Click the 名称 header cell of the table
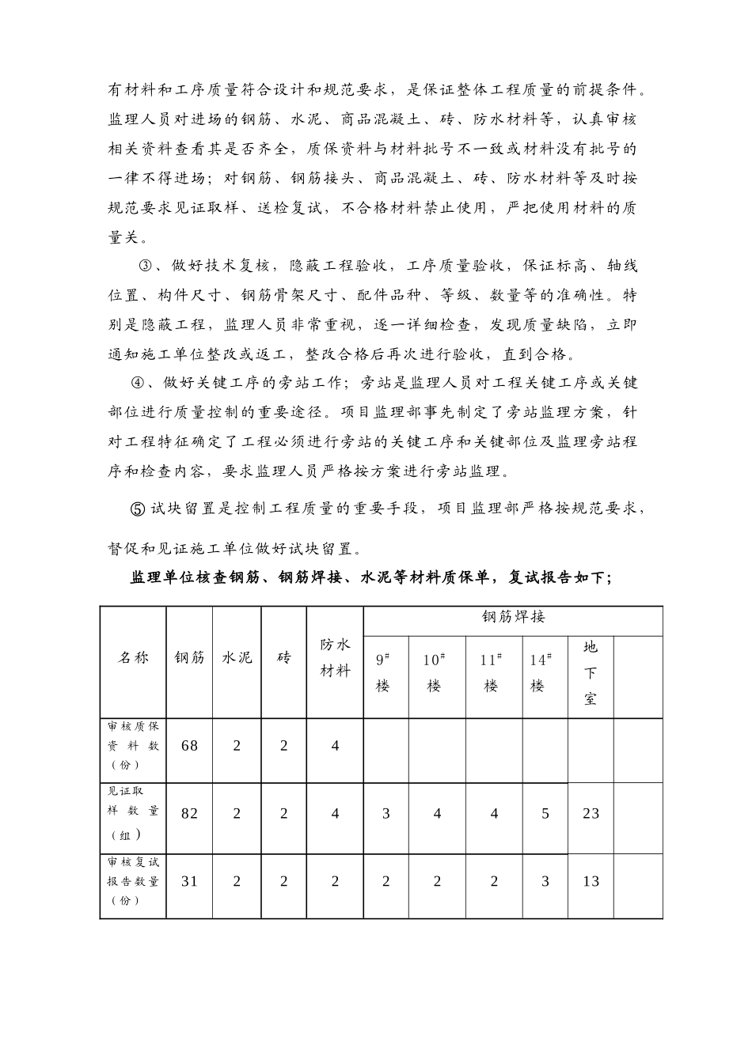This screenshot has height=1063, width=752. (x=133, y=657)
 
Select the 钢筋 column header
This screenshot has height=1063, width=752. (x=189, y=657)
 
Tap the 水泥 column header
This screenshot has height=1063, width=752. (x=237, y=657)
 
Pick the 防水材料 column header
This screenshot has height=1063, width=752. (x=335, y=657)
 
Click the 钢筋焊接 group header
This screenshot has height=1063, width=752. (x=513, y=617)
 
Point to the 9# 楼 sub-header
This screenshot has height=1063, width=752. (x=384, y=672)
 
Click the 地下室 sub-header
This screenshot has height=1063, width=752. (x=591, y=673)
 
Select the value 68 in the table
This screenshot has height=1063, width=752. (x=189, y=745)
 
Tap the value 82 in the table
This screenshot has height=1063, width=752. (x=189, y=813)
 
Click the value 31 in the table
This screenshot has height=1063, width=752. (x=189, y=881)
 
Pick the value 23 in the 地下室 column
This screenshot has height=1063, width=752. (x=591, y=813)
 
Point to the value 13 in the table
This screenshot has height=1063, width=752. (x=591, y=881)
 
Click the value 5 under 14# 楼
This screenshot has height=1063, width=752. (x=545, y=813)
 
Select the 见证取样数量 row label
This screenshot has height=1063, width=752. (x=133, y=812)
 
